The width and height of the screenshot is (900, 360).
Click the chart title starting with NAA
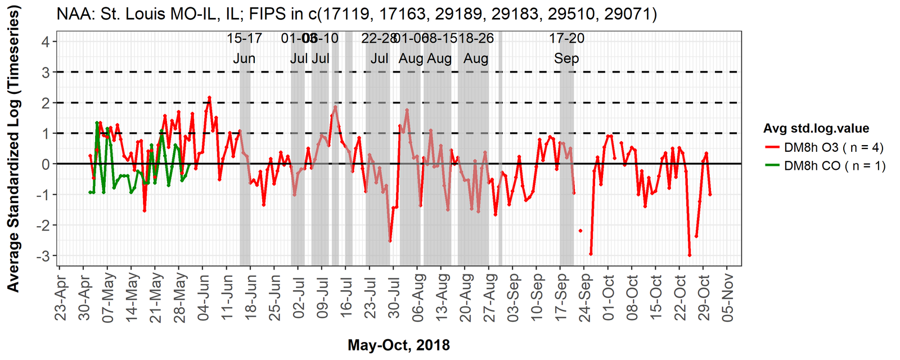point(357,13)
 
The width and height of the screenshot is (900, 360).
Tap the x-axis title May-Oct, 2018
point(398,345)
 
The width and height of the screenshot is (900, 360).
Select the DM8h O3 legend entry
point(834,147)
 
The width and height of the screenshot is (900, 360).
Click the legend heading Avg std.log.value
point(816,128)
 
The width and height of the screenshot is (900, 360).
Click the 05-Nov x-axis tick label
point(727,298)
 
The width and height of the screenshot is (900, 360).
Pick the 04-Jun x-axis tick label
point(203,298)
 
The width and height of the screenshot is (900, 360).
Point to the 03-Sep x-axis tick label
point(513,298)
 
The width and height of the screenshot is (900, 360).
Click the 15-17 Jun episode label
point(244,48)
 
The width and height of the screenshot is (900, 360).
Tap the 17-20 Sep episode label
point(566,48)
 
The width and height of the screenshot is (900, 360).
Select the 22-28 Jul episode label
point(380,48)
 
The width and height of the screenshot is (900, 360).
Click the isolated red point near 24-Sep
point(580,231)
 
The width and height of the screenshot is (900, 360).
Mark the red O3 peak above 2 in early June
point(209,97)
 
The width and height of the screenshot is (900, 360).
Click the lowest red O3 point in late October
point(690,255)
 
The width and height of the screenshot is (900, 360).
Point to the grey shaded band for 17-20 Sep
point(566,169)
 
